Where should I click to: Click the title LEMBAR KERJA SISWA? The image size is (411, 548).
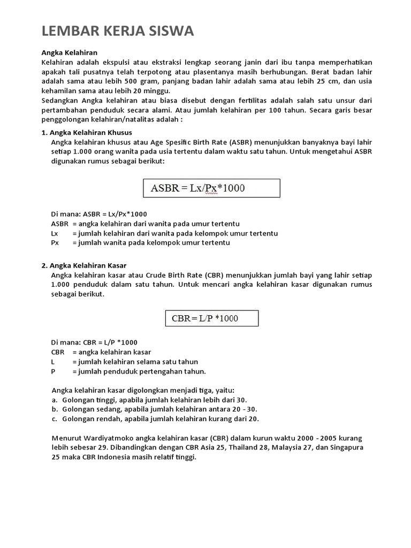pos(118,32)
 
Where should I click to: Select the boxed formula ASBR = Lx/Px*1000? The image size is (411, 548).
pos(211,188)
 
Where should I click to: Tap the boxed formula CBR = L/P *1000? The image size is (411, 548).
pos(211,318)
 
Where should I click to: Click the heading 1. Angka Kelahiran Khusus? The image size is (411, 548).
pos(87,132)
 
